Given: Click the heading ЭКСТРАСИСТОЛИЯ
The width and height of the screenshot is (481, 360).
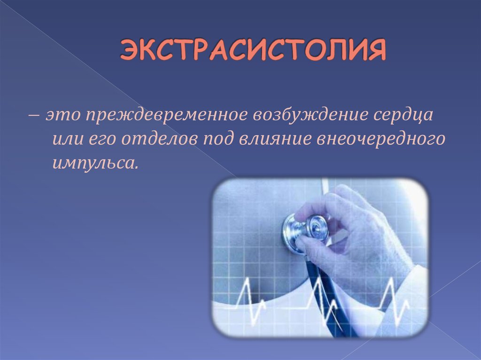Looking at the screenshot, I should click(x=253, y=51).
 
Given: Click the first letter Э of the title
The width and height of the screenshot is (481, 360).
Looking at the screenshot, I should click(x=129, y=51).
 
